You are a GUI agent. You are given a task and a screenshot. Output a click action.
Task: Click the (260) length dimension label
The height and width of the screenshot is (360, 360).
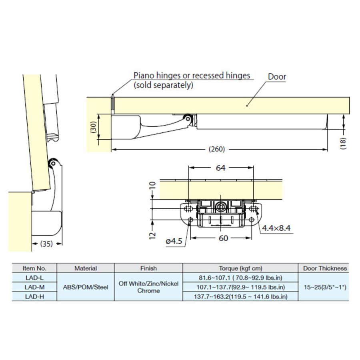(x=216, y=149)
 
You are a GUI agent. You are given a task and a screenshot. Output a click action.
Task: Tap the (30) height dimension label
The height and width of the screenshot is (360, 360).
(x=94, y=127)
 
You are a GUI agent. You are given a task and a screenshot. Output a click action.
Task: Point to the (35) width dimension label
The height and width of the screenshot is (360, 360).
(x=47, y=244)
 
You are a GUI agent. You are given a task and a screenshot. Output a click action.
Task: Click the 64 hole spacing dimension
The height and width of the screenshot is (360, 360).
(x=220, y=168)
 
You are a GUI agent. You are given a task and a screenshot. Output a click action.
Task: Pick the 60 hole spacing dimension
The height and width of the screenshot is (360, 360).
(x=223, y=238)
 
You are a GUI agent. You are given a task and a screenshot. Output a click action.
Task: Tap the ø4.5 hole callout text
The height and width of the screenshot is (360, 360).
(x=174, y=241)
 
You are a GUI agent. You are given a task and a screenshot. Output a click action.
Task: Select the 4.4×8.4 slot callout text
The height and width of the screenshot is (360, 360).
(x=276, y=228)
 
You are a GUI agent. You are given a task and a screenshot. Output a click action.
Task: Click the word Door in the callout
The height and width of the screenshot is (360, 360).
(x=277, y=77)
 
